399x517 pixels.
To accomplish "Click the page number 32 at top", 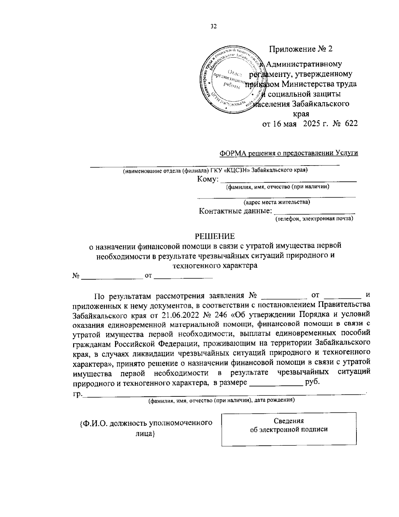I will (213, 27).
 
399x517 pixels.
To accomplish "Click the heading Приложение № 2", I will (301, 49).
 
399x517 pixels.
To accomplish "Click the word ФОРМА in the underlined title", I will (232, 153).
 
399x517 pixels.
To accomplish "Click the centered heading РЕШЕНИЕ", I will (214, 236).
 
